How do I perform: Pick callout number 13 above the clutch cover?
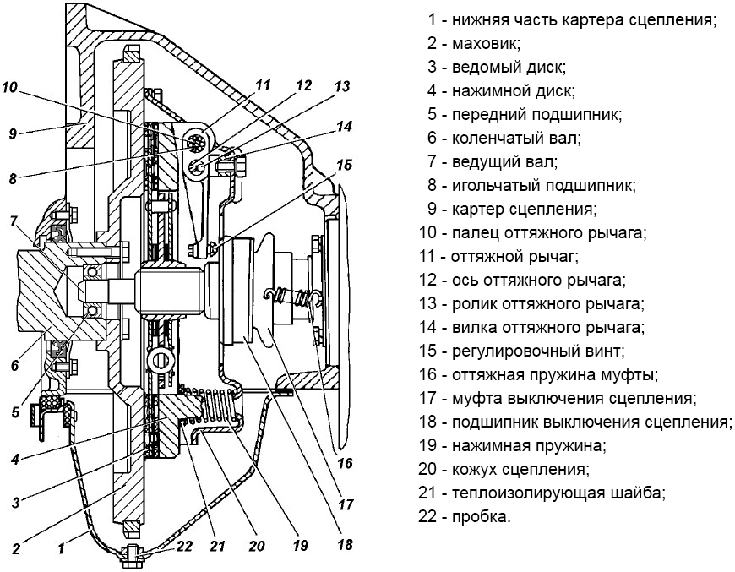pyautogui.click(x=341, y=85)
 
